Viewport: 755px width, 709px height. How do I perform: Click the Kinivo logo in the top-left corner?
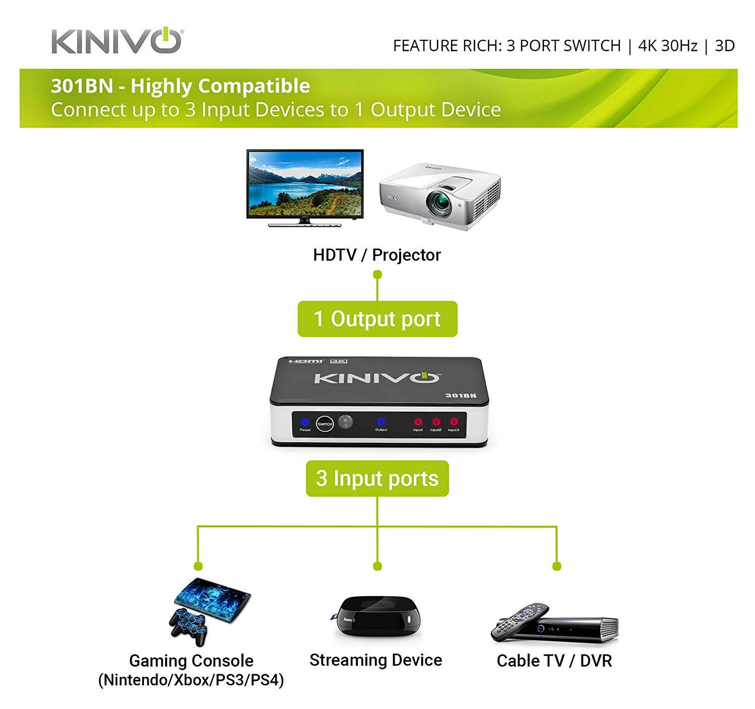(116, 41)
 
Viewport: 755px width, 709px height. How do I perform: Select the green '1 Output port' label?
(377, 319)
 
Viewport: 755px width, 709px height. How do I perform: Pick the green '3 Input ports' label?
(377, 479)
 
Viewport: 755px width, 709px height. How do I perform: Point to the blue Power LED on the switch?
(305, 422)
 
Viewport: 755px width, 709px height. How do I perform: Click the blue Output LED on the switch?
(381, 422)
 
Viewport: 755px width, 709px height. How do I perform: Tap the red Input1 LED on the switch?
(418, 422)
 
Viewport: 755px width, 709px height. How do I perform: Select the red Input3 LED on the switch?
(454, 422)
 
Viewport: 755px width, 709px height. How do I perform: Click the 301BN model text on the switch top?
(460, 396)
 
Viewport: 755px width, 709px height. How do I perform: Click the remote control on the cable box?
(518, 622)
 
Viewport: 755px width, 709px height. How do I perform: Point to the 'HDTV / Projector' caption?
(376, 255)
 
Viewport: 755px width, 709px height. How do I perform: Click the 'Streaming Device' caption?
(375, 660)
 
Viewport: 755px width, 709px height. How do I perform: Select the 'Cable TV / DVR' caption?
(554, 661)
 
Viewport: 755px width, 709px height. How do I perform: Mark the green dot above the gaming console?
(198, 567)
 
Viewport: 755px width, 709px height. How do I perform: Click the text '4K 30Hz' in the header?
(667, 46)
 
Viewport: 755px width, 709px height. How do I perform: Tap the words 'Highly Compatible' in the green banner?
(220, 86)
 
